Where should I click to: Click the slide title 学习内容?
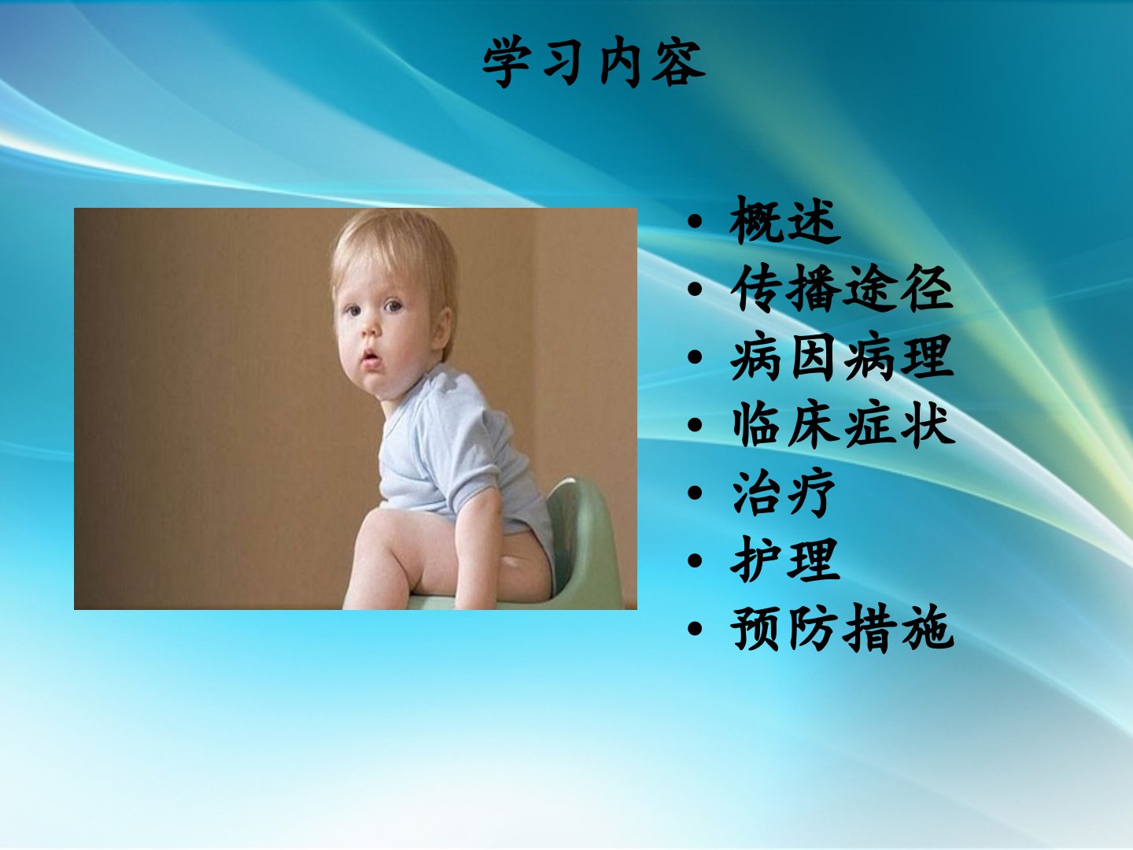point(593,62)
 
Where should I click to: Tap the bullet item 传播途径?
point(842,288)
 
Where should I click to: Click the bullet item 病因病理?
point(842,357)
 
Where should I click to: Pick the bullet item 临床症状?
point(843,424)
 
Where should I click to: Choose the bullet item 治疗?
point(784,493)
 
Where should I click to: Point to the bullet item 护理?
point(785,560)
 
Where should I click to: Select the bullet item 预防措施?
point(842,628)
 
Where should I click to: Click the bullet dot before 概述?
point(696,222)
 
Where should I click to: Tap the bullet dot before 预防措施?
point(696,629)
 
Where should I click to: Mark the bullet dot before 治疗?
point(696,493)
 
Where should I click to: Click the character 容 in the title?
point(678,62)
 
